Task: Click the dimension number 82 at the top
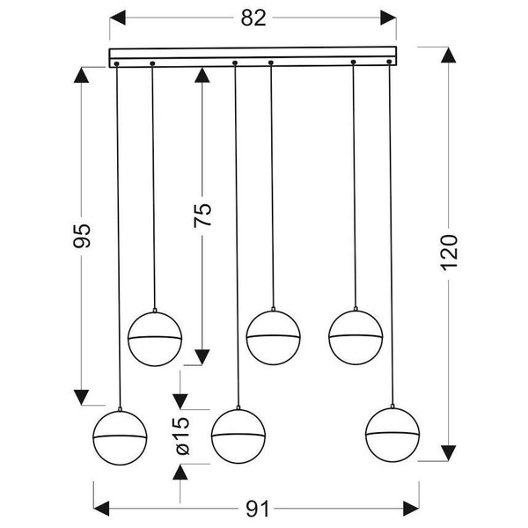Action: pyautogui.click(x=253, y=18)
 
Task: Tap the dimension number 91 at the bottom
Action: pyautogui.click(x=255, y=510)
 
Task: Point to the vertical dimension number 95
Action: pyautogui.click(x=82, y=236)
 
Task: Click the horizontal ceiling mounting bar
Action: pyautogui.click(x=253, y=57)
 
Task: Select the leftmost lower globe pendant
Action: pyautogui.click(x=120, y=436)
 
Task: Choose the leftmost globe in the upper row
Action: pyautogui.click(x=155, y=337)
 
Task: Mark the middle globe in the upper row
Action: pyautogui.click(x=273, y=337)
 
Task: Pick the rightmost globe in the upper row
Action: pyautogui.click(x=355, y=336)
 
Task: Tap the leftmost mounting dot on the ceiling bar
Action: pyautogui.click(x=116, y=63)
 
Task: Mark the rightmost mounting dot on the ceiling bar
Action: pyautogui.click(x=389, y=62)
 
